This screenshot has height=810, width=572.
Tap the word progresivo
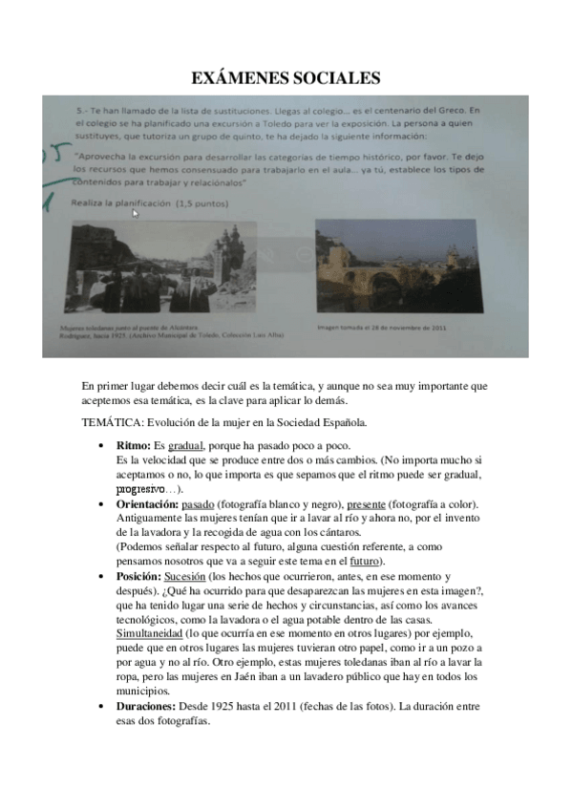point(140,489)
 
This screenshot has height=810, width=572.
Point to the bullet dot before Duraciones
point(101,708)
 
